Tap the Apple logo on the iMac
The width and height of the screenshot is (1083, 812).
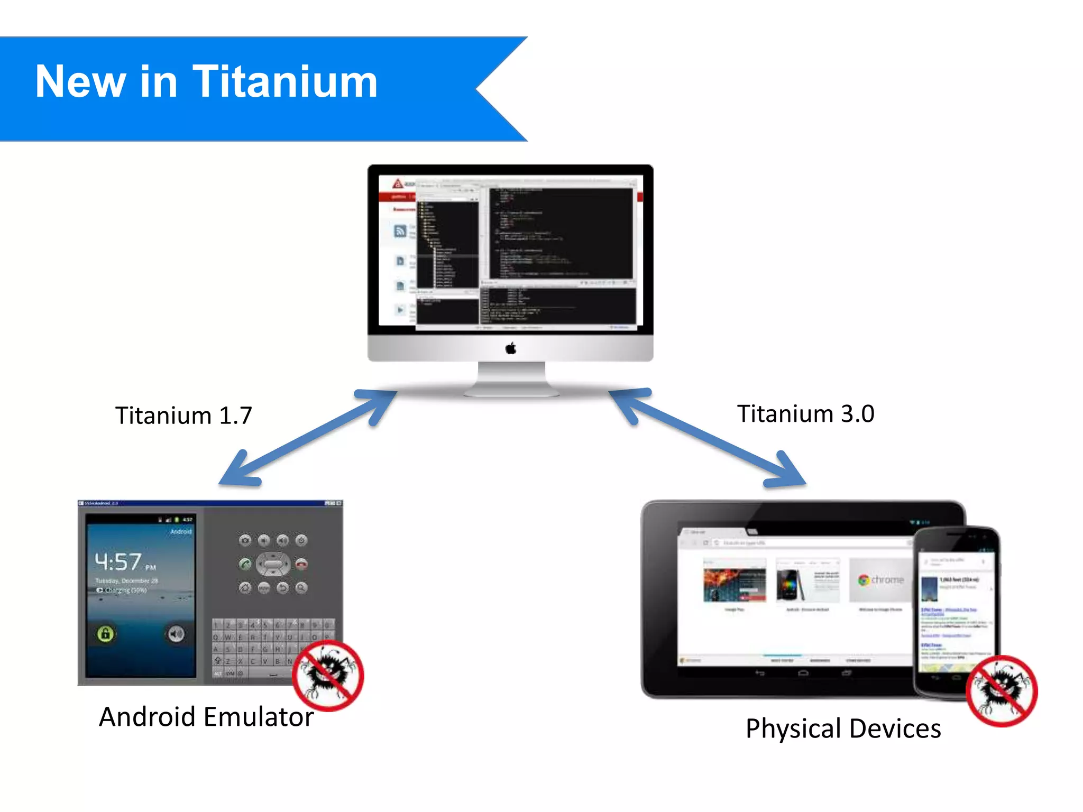coord(510,348)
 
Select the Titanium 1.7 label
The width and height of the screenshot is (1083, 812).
coord(183,416)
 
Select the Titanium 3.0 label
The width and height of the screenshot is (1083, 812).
coord(805,414)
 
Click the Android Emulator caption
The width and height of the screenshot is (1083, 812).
coord(206,717)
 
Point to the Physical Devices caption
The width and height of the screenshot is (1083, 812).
coord(843,729)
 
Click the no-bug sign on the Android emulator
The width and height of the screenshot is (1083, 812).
coord(328,675)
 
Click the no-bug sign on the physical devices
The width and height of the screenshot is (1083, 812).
coord(1002,691)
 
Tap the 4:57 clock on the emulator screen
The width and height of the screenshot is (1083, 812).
coord(118,562)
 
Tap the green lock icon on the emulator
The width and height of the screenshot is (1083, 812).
coord(105,633)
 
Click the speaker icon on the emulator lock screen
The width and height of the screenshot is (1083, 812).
coord(176,633)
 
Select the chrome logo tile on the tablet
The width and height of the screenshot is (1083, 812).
coord(880,580)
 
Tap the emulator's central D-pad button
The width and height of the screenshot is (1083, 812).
coord(273,564)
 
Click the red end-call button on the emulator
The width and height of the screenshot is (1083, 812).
coord(301,564)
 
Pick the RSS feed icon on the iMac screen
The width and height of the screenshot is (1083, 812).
coord(400,230)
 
